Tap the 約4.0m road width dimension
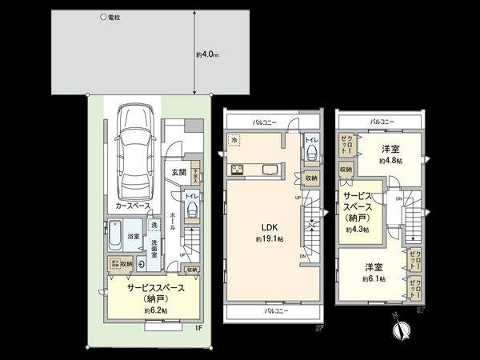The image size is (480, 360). (208, 54)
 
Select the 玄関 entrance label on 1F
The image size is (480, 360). (178, 172)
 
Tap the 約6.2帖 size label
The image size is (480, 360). (155, 310)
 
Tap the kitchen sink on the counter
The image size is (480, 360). (270, 168)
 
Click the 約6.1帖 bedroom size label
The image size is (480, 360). (374, 279)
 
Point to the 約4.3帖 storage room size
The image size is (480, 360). (358, 229)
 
